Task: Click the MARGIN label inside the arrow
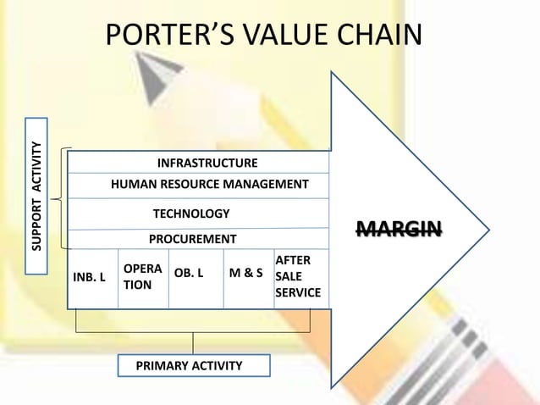point(399,228)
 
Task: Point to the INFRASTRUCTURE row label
point(207,163)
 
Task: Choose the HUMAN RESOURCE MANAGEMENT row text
point(210,184)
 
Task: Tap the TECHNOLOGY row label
point(190,214)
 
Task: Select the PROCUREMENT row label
point(192,239)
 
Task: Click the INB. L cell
point(91,275)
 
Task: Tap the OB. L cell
point(189,275)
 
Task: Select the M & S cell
point(245,275)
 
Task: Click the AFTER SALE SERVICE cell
point(298,277)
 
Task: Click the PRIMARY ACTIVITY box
point(193,365)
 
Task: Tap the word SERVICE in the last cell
point(298,293)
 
